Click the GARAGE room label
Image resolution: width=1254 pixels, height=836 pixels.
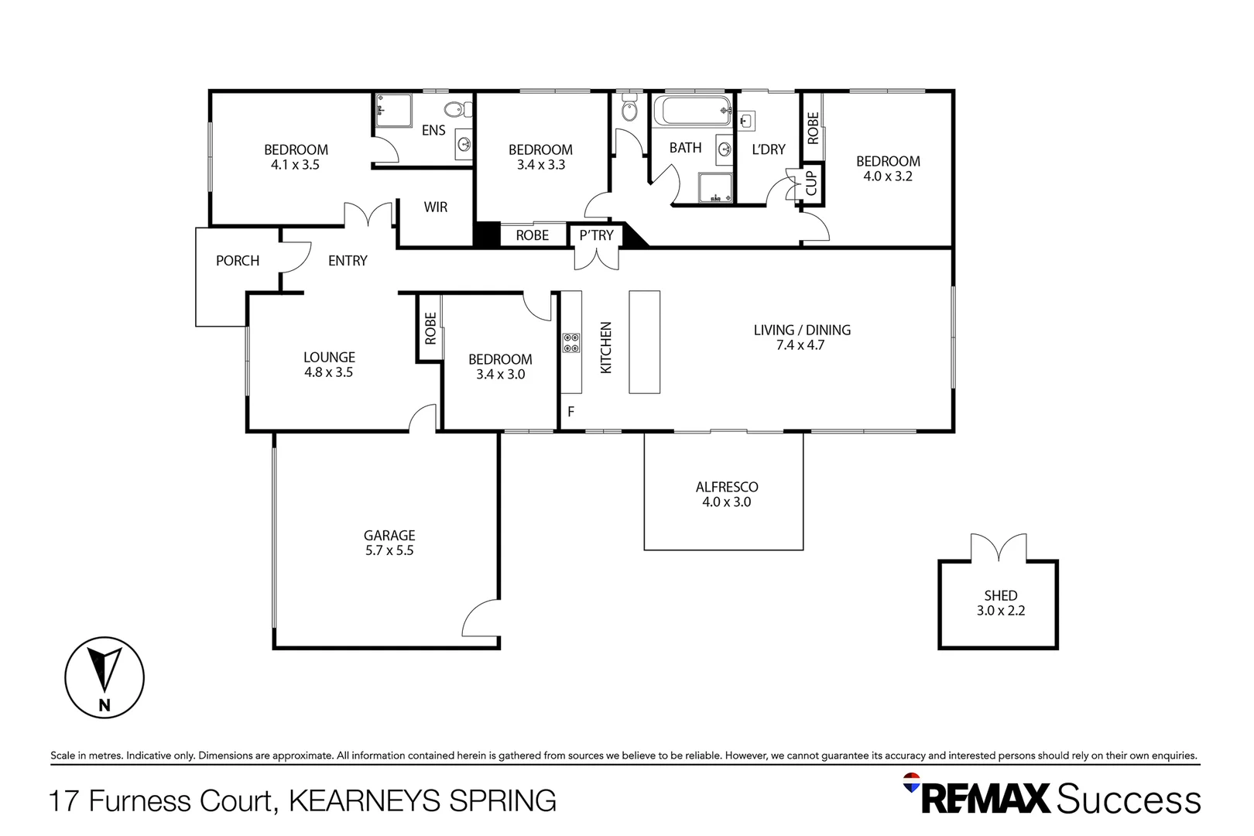point(389,536)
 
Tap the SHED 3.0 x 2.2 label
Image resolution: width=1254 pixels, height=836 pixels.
point(1001,603)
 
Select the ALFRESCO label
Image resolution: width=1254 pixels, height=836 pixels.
point(727,487)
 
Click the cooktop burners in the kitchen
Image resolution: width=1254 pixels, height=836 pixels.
point(571,343)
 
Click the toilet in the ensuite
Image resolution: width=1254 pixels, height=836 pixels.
point(458,108)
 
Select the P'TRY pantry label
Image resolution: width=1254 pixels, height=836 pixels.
point(597,235)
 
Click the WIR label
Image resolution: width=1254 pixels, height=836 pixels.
point(436,207)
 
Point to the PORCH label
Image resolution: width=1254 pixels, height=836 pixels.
point(238,261)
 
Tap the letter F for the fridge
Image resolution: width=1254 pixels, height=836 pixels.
point(571,412)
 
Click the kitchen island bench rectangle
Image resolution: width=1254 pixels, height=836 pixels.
point(644,341)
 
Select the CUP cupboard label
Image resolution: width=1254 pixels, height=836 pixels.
point(811,183)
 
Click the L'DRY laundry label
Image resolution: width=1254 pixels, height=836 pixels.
point(769,149)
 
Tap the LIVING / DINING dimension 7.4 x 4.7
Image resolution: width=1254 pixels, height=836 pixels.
point(800,345)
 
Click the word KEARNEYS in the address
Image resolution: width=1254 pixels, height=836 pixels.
point(365,800)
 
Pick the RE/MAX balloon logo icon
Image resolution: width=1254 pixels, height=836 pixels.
point(911,783)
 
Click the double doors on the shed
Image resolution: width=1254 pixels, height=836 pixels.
point(999,547)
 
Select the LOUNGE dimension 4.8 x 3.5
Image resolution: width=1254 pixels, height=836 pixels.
point(329,372)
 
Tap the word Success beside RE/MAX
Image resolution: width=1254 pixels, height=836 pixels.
point(1129,799)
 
